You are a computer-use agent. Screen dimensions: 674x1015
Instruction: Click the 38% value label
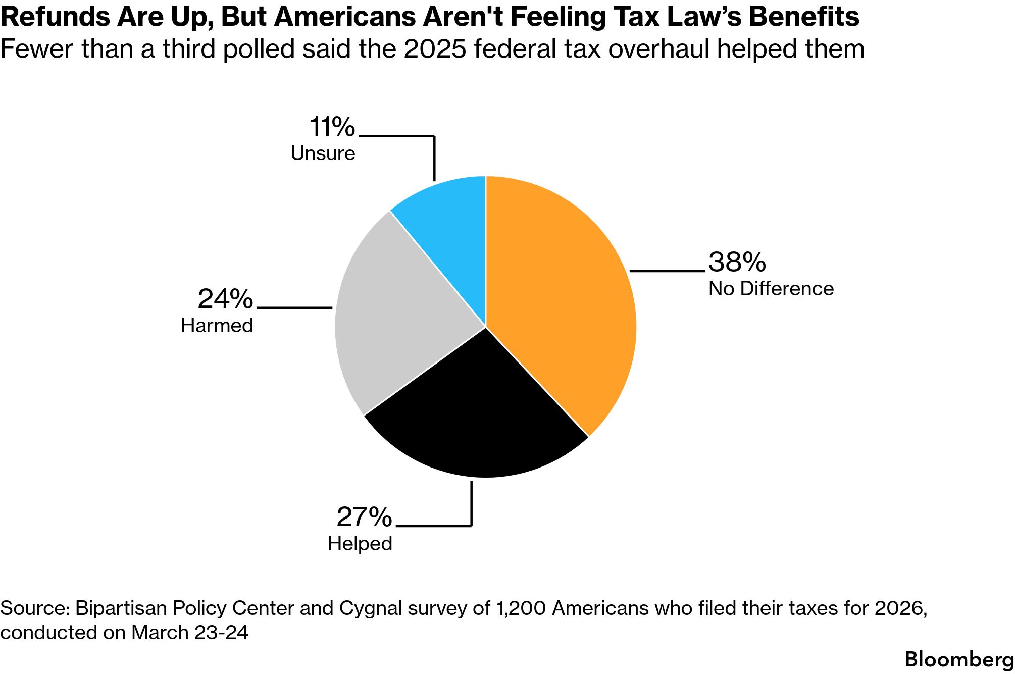(737, 262)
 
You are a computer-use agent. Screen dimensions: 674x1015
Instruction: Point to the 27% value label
(364, 517)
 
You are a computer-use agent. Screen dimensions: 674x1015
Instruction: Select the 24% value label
(225, 299)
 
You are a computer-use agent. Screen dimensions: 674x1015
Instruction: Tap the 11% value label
(332, 127)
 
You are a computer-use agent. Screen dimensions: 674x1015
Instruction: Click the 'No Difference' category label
(771, 289)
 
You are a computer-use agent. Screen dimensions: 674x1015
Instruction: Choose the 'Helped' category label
(360, 544)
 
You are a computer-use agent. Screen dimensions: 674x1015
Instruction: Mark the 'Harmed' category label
(217, 326)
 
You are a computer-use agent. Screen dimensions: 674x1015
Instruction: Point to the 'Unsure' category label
(323, 153)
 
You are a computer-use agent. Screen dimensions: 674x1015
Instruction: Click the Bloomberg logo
(958, 659)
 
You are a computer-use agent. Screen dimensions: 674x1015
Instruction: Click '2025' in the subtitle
(435, 49)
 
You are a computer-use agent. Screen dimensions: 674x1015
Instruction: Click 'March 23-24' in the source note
(190, 633)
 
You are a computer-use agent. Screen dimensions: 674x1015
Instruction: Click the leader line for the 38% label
(667, 271)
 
